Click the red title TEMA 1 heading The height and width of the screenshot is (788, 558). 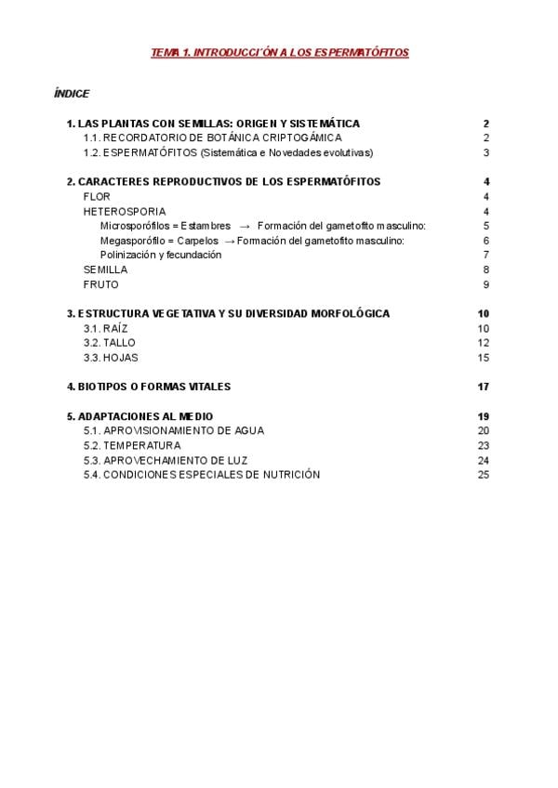[x=279, y=53]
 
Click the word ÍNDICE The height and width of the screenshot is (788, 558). [x=72, y=93]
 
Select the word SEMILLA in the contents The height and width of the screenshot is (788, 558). [x=106, y=269]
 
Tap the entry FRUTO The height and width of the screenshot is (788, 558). [x=101, y=284]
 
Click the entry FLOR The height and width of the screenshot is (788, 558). [x=97, y=197]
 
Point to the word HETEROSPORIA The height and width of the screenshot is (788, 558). [x=125, y=211]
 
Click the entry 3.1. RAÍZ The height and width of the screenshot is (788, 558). [x=104, y=328]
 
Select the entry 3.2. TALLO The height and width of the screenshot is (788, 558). [x=109, y=343]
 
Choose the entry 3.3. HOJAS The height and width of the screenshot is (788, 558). [x=111, y=357]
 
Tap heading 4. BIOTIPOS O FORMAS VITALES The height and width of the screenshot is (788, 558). [x=149, y=387]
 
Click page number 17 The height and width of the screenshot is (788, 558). [x=483, y=387]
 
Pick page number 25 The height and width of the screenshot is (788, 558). [x=483, y=474]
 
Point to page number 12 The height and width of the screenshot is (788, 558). [x=483, y=343]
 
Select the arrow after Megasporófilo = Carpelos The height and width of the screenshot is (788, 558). [x=230, y=241]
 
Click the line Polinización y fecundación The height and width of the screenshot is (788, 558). [x=161, y=255]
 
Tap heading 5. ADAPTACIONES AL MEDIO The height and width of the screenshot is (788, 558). [x=139, y=415]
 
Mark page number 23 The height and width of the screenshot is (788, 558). [x=483, y=445]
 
